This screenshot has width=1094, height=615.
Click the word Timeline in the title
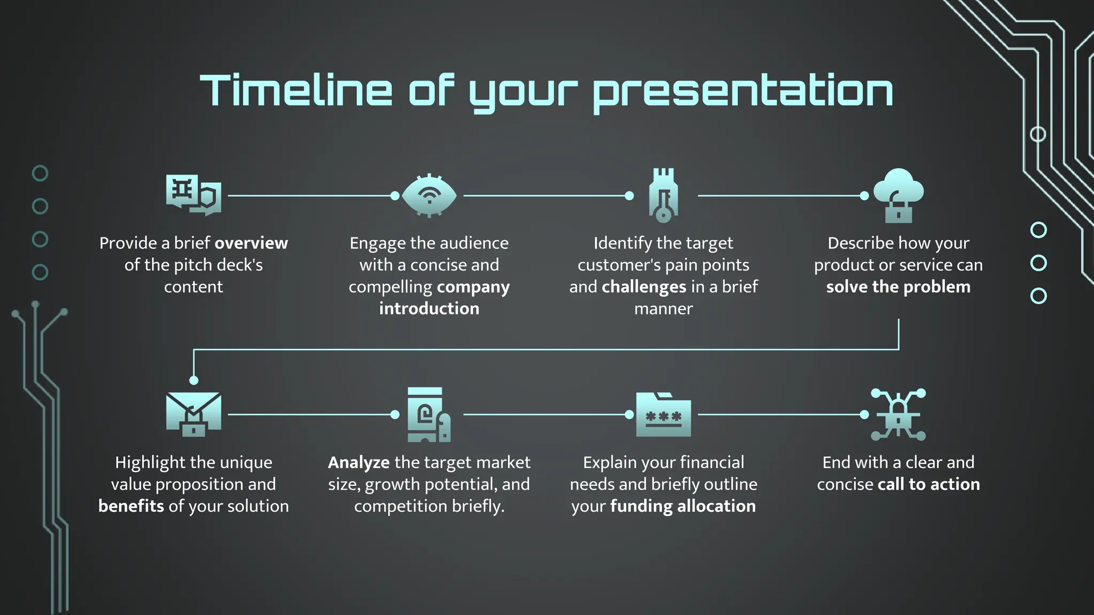point(296,91)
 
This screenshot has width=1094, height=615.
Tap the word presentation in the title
point(743,92)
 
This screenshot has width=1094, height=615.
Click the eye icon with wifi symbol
point(429,195)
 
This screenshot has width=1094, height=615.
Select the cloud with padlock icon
point(898,195)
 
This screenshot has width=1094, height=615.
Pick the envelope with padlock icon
point(193,414)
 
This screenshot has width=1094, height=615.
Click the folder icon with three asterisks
point(663,415)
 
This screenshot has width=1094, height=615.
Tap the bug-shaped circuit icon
point(898,414)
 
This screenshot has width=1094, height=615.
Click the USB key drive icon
point(663,195)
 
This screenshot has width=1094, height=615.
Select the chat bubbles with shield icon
point(193,195)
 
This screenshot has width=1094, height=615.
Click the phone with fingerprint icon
point(428,414)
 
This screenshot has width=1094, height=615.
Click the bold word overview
point(251,243)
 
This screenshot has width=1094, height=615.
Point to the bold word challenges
point(644,287)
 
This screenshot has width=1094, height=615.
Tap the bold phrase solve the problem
point(898,287)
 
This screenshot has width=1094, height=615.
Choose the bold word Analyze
point(358,462)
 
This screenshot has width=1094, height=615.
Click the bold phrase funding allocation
point(683,506)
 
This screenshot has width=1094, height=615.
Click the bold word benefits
point(131,506)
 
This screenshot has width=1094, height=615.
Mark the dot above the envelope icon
point(194,380)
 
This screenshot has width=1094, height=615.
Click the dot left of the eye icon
point(395,196)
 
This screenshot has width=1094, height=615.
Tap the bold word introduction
point(429,309)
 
